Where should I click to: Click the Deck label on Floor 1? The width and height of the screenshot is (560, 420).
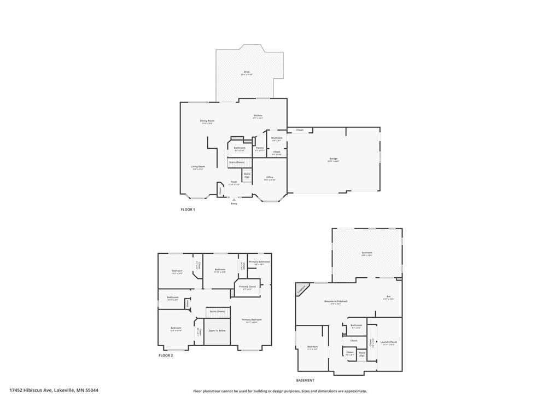pos(247,72)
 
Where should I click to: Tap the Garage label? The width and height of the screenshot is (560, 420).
pos(333,159)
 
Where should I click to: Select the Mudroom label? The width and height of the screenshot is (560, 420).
pos(277,138)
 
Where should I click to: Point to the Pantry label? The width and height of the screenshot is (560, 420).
pos(259,148)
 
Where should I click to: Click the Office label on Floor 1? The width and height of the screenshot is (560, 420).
pos(270,177)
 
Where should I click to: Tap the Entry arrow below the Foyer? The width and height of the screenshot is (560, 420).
pos(234,200)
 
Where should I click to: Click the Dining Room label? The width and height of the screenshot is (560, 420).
pos(207,121)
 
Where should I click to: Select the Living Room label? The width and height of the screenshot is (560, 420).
pos(198,167)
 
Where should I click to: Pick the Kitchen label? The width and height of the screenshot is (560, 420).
pos(258,115)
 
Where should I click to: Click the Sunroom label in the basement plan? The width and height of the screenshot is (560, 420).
pos(366,253)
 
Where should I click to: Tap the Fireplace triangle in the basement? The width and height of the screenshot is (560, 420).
pos(301,289)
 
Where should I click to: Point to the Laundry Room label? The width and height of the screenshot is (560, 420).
pos(389,342)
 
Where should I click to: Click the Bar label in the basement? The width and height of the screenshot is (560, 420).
pos(388,296)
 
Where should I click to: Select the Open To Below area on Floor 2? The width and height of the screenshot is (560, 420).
pos(217,331)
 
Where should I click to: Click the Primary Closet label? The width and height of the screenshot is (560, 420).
pos(247,287)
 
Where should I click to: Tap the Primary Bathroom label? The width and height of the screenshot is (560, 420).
pos(260,262)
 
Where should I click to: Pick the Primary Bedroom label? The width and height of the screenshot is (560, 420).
pos(252,319)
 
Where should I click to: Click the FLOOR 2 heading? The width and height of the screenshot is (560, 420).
pos(166,355)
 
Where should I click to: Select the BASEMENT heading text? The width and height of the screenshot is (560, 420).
pos(305,380)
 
